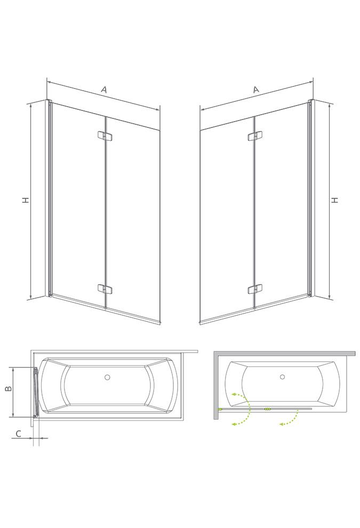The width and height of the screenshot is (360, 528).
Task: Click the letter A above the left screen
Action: pyautogui.click(x=104, y=90)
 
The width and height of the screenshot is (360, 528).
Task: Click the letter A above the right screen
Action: pyautogui.click(x=257, y=90)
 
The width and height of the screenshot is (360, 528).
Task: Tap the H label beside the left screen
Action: pyautogui.click(x=26, y=200)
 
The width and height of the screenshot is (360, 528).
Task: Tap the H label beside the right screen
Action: pyautogui.click(x=334, y=200)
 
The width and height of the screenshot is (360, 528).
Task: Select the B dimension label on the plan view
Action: pyautogui.click(x=9, y=388)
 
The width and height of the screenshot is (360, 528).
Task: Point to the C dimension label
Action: pyautogui.click(x=19, y=434)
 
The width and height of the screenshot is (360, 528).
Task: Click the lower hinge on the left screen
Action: pyautogui.click(x=105, y=289)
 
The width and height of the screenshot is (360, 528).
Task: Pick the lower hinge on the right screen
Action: pyautogui.click(x=255, y=289)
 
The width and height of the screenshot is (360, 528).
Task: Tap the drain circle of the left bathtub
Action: pyautogui.click(x=107, y=377)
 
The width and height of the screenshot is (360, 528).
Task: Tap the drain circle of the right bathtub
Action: pyautogui.click(x=282, y=377)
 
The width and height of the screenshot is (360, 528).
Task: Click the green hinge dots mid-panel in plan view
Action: pyautogui.click(x=267, y=409)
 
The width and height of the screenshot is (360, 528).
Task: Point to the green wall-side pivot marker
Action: pyautogui.click(x=220, y=409)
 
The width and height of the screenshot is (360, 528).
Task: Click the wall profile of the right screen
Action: pyautogui.click(x=311, y=199)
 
